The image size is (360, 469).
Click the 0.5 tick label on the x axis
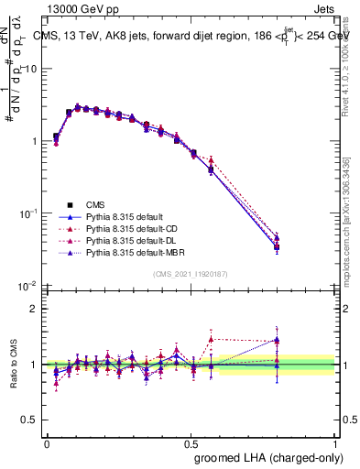(x=191, y=442)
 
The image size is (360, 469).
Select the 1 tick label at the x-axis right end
(x=335, y=442)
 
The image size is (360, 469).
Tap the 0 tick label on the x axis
(x=48, y=442)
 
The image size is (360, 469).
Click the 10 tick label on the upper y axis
(x=32, y=70)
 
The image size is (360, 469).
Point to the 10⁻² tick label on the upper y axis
(x=30, y=286)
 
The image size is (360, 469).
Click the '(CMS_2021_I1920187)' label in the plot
(x=191, y=274)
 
